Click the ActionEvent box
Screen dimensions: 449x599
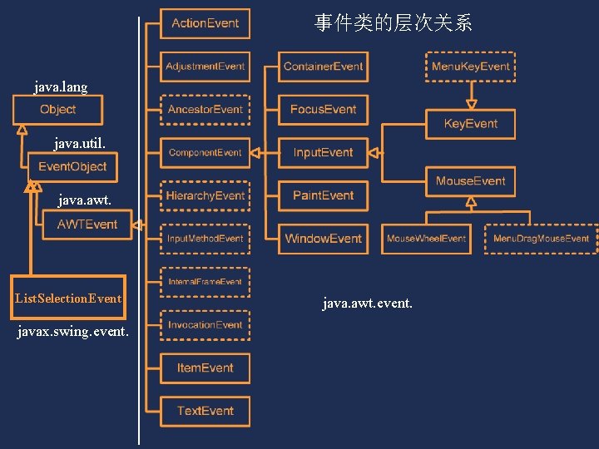pos(205,23)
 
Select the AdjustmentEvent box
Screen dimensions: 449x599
pos(205,67)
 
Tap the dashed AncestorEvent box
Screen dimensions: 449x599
pos(205,110)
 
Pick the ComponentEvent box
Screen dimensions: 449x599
pos(205,153)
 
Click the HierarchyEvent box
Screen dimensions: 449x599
pos(205,196)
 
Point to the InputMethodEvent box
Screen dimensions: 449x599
pos(205,239)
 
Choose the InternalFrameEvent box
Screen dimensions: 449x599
pos(205,282)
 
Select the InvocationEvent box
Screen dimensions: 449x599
pos(205,325)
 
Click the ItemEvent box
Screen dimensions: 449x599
pos(205,368)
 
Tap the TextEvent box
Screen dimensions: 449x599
pos(205,411)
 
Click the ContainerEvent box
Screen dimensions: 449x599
pos(323,67)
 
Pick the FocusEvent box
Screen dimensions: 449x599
pos(323,110)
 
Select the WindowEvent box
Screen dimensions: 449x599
pos(323,239)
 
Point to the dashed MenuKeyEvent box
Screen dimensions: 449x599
pos(470,67)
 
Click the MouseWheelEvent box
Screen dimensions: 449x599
pos(426,239)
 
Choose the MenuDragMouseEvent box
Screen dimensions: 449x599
pos(541,239)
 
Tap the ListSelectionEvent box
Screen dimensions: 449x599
pos(68,299)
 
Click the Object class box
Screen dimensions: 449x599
pos(57,110)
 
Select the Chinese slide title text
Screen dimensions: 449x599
pos(393,23)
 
